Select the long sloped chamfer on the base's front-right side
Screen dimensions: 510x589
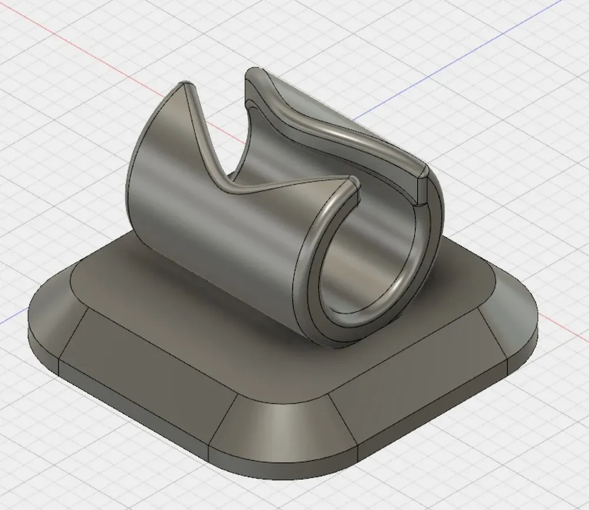pyautogui.click(x=406, y=376)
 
